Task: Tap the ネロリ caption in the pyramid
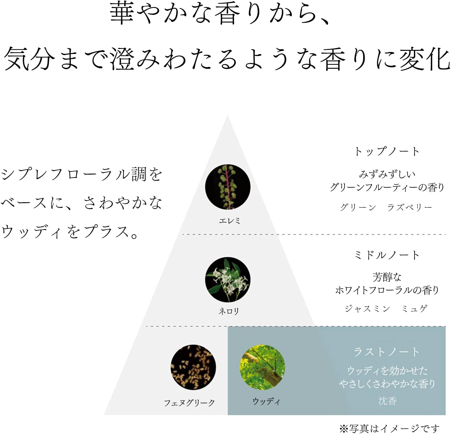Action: coord(229,311)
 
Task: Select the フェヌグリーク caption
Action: coord(189,403)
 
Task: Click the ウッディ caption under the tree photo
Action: coord(266,401)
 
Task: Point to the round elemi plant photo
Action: coord(228,187)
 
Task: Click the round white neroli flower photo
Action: coord(228,279)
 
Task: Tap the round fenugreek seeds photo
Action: coord(193,367)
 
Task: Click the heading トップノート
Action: coord(387,151)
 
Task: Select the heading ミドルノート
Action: coord(387,255)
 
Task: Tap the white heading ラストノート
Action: coord(387,352)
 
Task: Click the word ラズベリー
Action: coord(410,207)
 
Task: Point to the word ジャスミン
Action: coord(367,308)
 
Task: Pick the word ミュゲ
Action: coord(415,308)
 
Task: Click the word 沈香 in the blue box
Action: coord(387,401)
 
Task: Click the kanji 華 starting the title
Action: coord(122,13)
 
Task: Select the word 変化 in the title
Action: coord(425,59)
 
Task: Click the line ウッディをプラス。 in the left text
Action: coord(70,231)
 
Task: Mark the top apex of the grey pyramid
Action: coord(227,115)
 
